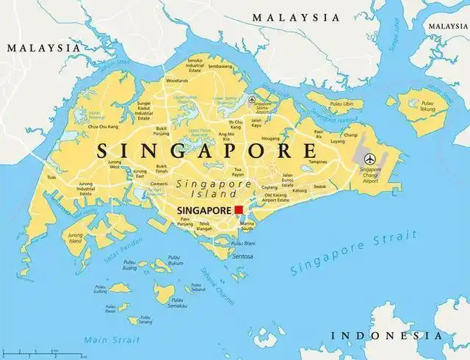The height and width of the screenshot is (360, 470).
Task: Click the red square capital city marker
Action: coord(239,211)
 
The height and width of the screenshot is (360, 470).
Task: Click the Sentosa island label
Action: coord(242,256)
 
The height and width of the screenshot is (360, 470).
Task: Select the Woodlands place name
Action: coord(176,80)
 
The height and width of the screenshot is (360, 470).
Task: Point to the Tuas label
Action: coord(51,177)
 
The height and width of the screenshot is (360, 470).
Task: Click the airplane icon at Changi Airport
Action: coord(369,159)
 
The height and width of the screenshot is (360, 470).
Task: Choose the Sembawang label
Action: coord(220,66)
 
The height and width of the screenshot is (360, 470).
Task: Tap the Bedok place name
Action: coord(319,187)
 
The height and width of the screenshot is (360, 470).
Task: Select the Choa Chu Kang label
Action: coord(103,127)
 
